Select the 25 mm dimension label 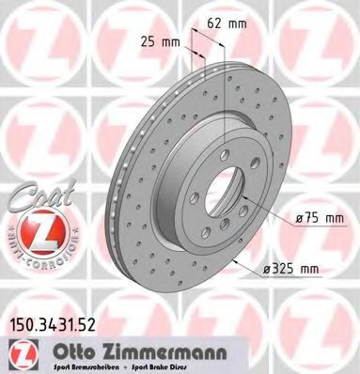click(162, 42)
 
